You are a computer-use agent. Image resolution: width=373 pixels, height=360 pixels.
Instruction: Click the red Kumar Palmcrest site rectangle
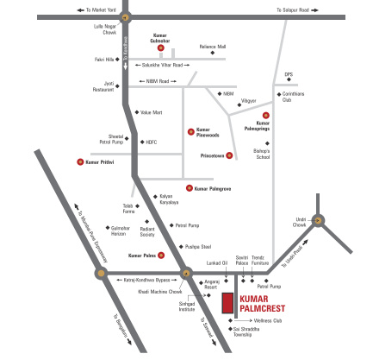[x=227, y=304]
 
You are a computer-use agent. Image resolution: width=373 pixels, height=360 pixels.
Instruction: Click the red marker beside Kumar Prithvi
[x=80, y=161]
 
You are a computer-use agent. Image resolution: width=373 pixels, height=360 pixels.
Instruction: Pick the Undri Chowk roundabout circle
[x=319, y=220]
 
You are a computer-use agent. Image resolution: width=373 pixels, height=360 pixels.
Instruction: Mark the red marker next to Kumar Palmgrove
[x=189, y=187]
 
